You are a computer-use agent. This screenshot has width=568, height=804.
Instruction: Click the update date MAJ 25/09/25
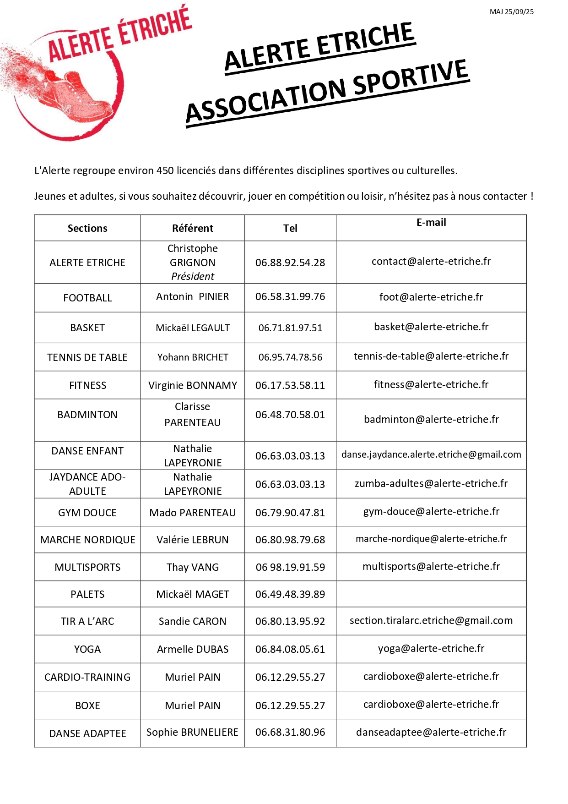point(511,12)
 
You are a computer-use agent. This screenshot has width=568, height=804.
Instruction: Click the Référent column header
point(192,228)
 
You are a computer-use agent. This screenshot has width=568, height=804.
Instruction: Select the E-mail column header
point(431,223)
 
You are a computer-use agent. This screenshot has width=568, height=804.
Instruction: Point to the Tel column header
point(290,228)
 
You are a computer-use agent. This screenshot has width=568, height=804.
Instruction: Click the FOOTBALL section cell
point(87,298)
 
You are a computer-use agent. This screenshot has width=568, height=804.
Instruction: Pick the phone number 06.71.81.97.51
point(290,328)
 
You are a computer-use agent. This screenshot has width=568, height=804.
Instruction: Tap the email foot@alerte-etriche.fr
point(431,297)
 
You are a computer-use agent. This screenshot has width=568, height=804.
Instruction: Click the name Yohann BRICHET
point(193,357)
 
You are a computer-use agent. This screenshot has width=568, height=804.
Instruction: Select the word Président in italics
point(193,276)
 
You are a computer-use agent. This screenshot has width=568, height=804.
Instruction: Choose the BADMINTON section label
point(87,415)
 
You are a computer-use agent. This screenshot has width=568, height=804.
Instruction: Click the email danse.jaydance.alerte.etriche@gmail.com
point(431,454)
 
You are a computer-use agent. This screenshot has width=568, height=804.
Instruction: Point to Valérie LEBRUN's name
point(193,540)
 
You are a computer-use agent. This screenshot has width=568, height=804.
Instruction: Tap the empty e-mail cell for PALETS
point(431,594)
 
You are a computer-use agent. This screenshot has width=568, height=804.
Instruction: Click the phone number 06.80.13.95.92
point(290,621)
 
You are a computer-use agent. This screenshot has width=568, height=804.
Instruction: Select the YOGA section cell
point(87,649)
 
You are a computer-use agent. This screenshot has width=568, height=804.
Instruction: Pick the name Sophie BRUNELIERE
point(192,732)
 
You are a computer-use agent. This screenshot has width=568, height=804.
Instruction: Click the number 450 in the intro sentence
point(165,171)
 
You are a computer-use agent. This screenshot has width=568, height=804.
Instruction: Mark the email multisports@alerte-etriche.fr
point(431,567)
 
